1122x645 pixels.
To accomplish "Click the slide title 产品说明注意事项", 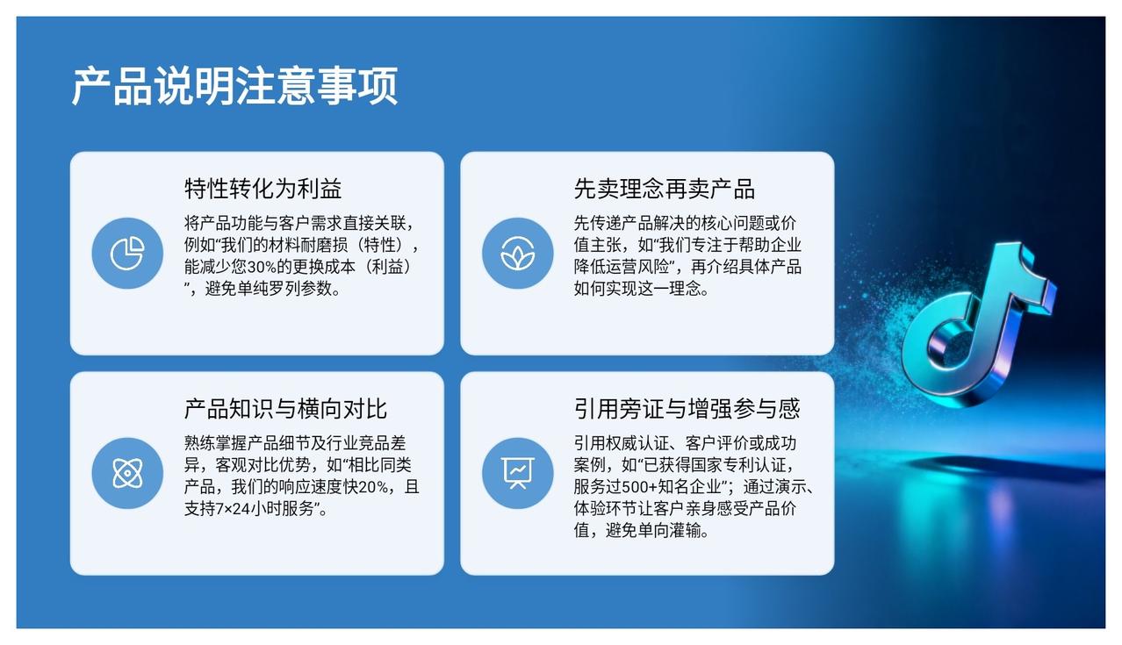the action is coord(235,86).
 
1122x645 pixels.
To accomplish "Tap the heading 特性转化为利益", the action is coord(263,189).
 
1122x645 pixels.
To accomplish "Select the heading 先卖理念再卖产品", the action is coord(665,189).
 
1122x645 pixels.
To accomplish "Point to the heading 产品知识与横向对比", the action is coord(285,409).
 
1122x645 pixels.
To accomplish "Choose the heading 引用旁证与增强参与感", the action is coord(687,409).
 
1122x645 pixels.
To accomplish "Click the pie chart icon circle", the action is coord(127,253).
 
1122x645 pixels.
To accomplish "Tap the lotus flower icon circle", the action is coord(517,253).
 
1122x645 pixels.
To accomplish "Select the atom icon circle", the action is coord(127,473).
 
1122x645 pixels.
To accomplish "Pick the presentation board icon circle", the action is coord(517,473).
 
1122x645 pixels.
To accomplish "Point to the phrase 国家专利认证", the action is coord(737,465).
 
